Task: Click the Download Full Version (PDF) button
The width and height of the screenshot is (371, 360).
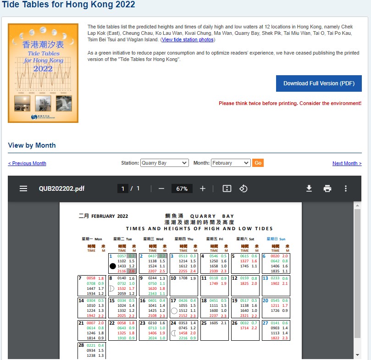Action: [x=319, y=83]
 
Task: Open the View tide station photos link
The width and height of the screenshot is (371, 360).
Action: [x=188, y=40]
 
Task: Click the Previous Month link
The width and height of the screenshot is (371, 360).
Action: [x=27, y=164]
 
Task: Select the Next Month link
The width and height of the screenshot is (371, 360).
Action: [x=347, y=164]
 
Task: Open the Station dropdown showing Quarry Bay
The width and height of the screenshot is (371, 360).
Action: [x=165, y=163]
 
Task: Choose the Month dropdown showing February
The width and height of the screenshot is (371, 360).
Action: [x=231, y=163]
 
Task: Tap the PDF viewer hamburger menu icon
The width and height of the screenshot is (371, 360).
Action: [x=23, y=188]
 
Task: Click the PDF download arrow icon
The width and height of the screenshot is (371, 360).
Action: [x=309, y=188]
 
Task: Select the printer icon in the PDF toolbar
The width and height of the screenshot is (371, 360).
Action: [x=327, y=188]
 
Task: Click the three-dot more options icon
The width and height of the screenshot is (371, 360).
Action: [x=346, y=188]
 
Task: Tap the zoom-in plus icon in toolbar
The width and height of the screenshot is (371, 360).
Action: [x=203, y=188]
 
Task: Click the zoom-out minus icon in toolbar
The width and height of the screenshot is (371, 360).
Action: [x=161, y=188]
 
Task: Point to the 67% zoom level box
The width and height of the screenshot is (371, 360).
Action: [x=182, y=188]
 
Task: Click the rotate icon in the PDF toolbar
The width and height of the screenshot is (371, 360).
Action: [x=244, y=188]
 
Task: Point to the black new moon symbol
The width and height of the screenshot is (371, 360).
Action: [x=113, y=266]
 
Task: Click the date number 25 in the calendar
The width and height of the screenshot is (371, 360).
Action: [x=204, y=323]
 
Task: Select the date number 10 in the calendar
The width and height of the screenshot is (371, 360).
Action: [x=173, y=278]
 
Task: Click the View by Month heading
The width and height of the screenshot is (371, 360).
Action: [x=32, y=145]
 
